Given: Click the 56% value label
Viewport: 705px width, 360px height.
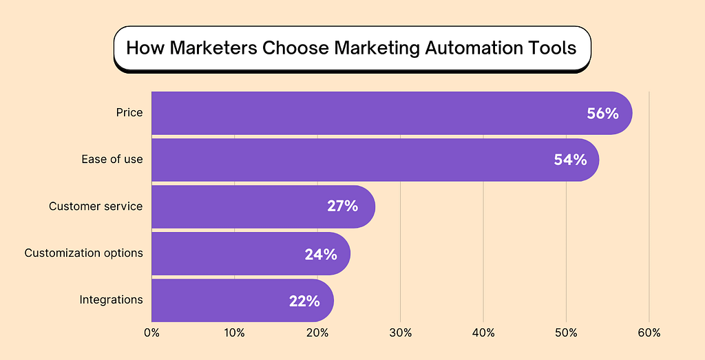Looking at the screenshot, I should pyautogui.click(x=602, y=113).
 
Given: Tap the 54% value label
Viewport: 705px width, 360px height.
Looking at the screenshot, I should pyautogui.click(x=570, y=160).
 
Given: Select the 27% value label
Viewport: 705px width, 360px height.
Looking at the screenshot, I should pyautogui.click(x=342, y=206).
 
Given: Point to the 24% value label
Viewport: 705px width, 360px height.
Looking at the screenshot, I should pyautogui.click(x=321, y=254).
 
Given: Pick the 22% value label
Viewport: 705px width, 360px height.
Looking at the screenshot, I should pyautogui.click(x=304, y=301).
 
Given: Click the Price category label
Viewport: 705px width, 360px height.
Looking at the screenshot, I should pyautogui.click(x=129, y=112).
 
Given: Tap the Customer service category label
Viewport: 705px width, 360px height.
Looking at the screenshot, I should pyautogui.click(x=96, y=206).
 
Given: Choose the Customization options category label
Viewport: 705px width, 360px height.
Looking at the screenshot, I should pyautogui.click(x=83, y=253).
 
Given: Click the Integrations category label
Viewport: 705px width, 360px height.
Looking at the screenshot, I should pyautogui.click(x=111, y=299).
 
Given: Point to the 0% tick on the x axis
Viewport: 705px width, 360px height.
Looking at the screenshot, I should pyautogui.click(x=151, y=333).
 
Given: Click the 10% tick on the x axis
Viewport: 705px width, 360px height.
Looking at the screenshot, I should pyautogui.click(x=234, y=333).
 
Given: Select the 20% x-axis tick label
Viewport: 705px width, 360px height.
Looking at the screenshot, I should pyautogui.click(x=317, y=333).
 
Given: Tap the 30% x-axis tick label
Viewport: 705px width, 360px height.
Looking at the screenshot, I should pyautogui.click(x=400, y=333).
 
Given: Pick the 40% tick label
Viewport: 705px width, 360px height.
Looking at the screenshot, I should pyautogui.click(x=483, y=333).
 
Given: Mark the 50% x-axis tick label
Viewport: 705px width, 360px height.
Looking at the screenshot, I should pyautogui.click(x=566, y=333).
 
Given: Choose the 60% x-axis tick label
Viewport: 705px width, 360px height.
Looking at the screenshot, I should pyautogui.click(x=649, y=333).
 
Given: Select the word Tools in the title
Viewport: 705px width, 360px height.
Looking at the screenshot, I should pyautogui.click(x=555, y=50).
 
